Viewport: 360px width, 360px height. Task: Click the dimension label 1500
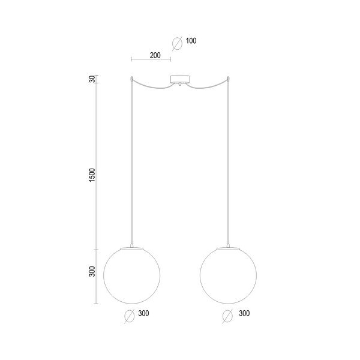(92, 175)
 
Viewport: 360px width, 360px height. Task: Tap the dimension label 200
(155, 55)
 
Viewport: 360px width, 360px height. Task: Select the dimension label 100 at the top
(191, 41)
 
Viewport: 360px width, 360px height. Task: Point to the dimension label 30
(92, 79)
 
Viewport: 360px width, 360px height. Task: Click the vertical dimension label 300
(92, 271)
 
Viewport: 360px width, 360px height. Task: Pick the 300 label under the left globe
(144, 313)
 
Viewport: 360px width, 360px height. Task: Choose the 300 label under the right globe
(244, 313)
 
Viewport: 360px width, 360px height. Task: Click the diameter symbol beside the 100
(177, 43)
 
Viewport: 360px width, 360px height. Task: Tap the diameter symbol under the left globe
(129, 316)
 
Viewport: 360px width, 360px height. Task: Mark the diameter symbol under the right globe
(227, 316)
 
